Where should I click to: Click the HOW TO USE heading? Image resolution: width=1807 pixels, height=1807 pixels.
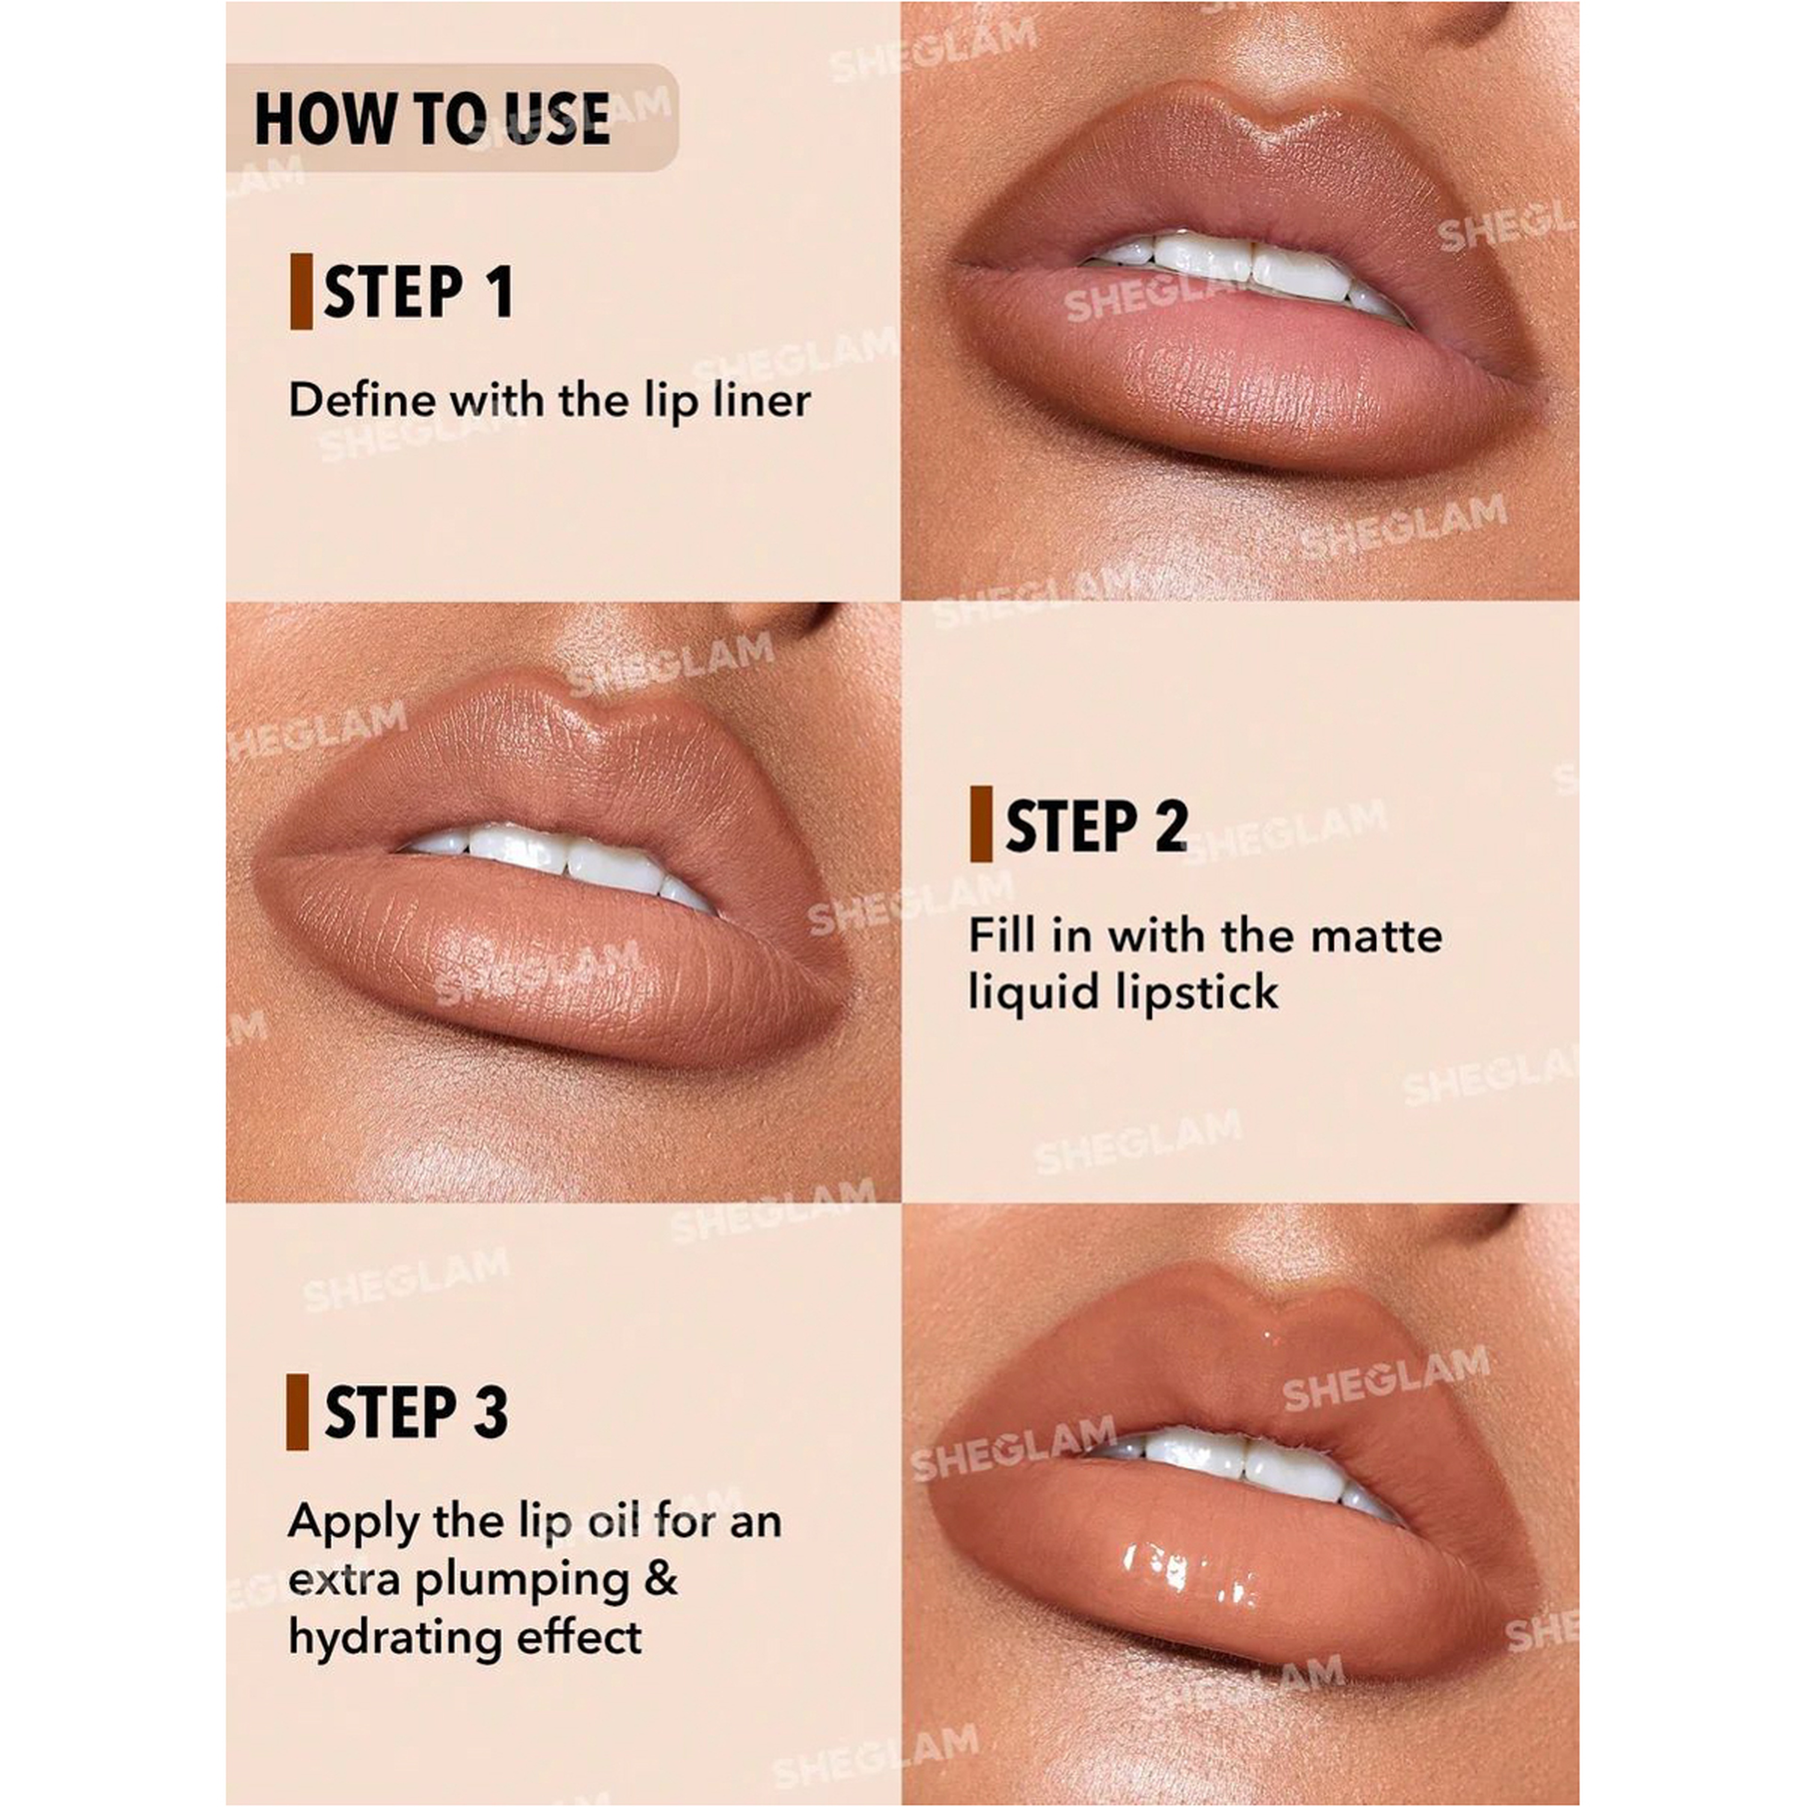(432, 119)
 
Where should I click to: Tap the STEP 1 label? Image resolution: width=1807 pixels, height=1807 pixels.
(418, 292)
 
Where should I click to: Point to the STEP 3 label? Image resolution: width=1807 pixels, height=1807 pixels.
(416, 1412)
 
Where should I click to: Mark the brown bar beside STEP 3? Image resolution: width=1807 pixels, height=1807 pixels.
(297, 1412)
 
